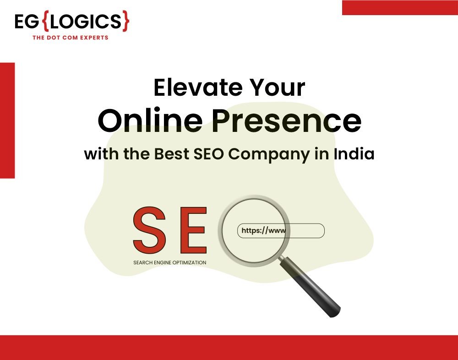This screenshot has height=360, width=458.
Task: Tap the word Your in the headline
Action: click(x=277, y=87)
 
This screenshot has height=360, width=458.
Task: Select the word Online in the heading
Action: click(x=150, y=120)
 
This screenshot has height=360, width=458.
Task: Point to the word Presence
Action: click(x=287, y=120)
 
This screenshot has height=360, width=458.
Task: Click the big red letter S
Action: click(x=149, y=230)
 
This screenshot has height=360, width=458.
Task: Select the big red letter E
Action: click(x=194, y=230)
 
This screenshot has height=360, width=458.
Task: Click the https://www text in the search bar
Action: click(x=263, y=231)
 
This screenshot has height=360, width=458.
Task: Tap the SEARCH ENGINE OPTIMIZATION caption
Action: click(x=170, y=262)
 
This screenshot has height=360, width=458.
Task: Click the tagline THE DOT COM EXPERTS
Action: click(x=71, y=38)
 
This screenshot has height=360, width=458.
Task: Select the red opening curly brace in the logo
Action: click(x=46, y=21)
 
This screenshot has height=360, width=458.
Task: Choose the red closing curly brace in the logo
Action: click(x=125, y=21)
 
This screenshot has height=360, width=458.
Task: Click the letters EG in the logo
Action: click(x=27, y=22)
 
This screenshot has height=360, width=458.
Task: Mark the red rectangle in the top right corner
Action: click(x=400, y=8)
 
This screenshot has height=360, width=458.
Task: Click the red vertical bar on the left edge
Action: click(x=7, y=120)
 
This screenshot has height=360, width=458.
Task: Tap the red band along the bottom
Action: click(x=229, y=348)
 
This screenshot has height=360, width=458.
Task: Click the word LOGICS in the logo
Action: click(x=86, y=22)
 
